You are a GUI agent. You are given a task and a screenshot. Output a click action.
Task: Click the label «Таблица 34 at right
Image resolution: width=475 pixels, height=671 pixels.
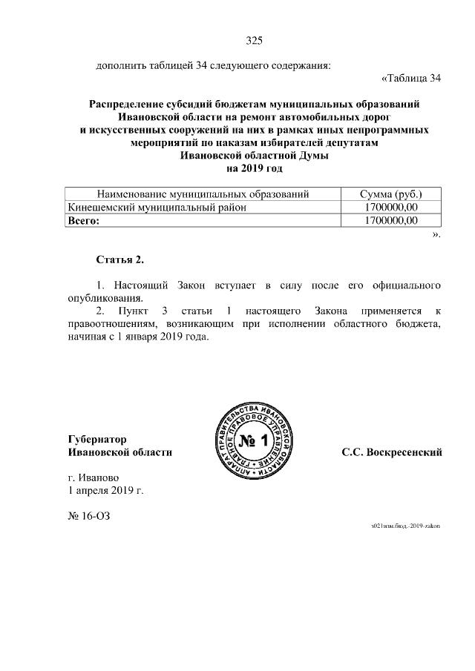point(411,79)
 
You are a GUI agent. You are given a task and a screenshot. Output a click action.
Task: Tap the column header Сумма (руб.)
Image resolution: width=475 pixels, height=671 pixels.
point(391,194)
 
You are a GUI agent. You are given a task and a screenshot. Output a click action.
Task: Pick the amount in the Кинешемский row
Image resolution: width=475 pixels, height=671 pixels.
point(391,208)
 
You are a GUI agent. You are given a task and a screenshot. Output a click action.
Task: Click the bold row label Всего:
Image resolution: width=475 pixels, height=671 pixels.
point(83,221)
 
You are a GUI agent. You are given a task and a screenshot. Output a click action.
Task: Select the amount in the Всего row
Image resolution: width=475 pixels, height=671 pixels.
point(391,221)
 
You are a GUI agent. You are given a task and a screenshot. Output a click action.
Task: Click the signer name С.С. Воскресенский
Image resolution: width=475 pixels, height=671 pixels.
point(392,452)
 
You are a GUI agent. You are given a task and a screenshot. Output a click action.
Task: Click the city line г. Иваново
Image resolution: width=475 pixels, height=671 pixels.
point(93,477)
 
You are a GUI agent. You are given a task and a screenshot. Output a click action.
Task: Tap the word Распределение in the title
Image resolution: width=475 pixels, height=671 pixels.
point(128,105)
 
